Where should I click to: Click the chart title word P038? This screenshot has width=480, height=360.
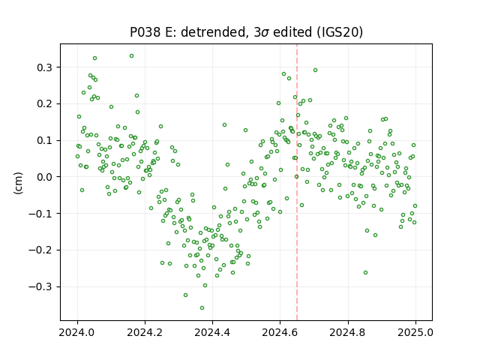tap(145, 31)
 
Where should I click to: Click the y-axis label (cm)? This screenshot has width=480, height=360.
tap(18, 183)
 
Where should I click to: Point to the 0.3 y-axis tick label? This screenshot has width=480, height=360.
tap(46, 67)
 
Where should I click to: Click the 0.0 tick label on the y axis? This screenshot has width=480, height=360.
tap(46, 177)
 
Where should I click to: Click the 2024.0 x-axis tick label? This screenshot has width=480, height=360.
tap(77, 332)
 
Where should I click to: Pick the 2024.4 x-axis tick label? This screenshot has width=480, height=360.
tap(212, 332)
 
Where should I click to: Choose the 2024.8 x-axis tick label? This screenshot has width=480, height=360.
tap(348, 332)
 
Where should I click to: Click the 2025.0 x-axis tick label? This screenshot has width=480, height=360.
tap(415, 332)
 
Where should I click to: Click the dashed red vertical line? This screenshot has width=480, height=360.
tap(297, 182)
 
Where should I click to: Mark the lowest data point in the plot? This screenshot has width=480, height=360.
tap(202, 308)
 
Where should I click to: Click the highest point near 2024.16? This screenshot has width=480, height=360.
tap(132, 56)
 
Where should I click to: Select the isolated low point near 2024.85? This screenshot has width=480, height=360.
tap(365, 273)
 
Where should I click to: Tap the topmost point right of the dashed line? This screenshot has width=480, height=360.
tap(315, 70)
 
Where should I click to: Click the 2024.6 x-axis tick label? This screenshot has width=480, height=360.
tap(280, 332)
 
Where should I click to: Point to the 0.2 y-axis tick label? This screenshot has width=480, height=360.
tap(46, 104)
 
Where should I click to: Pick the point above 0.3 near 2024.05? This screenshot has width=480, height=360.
tap(95, 58)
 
